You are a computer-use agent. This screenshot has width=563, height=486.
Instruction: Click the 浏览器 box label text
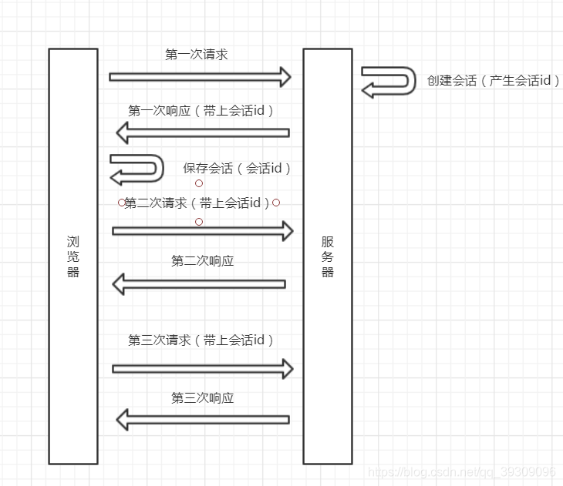[x=73, y=256]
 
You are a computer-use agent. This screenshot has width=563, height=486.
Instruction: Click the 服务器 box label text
[x=328, y=256]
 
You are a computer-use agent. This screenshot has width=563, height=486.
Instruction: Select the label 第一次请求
[x=197, y=55]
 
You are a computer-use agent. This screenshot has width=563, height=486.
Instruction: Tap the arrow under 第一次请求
[x=200, y=77]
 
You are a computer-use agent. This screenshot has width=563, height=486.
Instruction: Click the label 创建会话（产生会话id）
[x=494, y=80]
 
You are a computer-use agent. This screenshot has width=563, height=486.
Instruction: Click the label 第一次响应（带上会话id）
[x=201, y=110]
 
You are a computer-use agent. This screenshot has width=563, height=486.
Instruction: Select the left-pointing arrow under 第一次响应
[x=202, y=133]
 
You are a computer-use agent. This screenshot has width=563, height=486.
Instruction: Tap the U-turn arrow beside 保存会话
[x=137, y=169]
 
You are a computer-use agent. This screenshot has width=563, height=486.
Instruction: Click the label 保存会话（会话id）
[x=238, y=168]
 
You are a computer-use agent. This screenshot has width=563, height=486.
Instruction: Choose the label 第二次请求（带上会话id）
[x=199, y=203]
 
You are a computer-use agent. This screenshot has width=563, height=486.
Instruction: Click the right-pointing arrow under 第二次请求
[x=203, y=230]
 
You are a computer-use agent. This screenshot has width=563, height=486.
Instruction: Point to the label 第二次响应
[x=202, y=261]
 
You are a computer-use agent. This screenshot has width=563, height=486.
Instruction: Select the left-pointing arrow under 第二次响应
[x=199, y=284]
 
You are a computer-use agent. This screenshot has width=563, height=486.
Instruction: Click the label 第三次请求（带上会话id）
[x=201, y=340]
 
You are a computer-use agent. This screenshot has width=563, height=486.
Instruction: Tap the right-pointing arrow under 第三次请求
[x=203, y=369]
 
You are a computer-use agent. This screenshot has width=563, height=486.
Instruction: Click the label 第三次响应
[x=202, y=398]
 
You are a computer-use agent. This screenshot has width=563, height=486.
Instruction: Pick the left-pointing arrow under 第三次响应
[x=202, y=420]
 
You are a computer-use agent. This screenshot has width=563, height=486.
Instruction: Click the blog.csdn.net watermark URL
[x=461, y=471]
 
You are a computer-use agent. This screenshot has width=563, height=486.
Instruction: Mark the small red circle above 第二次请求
[x=199, y=184]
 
